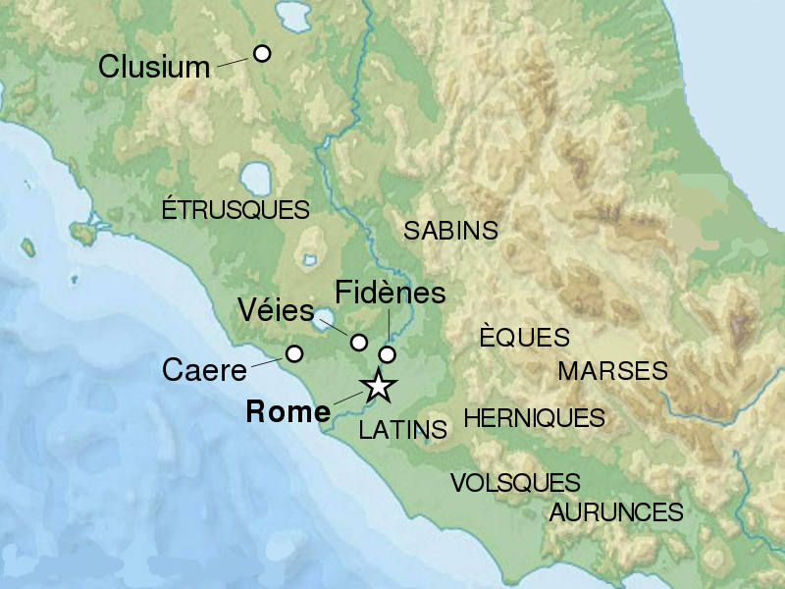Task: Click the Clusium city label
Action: pos(155,67)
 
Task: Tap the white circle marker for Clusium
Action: pos(262,53)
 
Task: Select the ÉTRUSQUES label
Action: pos(235,209)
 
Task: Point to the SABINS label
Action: pos(451,231)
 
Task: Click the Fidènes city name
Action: pos(390,293)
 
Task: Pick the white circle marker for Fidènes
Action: pos(388,354)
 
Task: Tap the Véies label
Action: pos(276,311)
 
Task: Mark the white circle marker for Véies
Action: pos(359,343)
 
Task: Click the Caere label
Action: pos(204,371)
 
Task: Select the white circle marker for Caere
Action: pos(293,353)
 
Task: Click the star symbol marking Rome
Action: pos(378,386)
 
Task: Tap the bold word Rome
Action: pos(288,412)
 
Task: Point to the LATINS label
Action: pos(403,429)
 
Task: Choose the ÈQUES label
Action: pos(524,337)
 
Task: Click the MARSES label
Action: pos(612,371)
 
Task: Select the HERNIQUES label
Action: pos(534,418)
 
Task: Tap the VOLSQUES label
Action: pos(515,483)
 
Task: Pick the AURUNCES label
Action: pos(616,511)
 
